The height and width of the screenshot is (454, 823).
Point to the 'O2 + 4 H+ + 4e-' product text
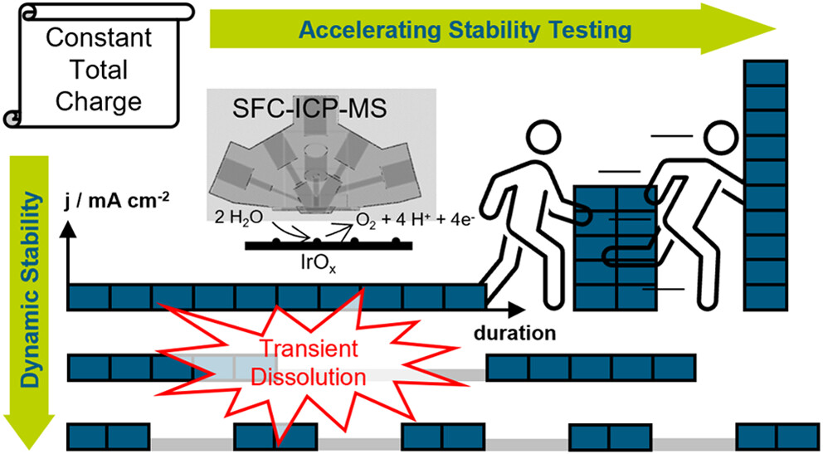coord(411,221)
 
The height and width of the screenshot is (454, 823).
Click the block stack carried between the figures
coord(618,249)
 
